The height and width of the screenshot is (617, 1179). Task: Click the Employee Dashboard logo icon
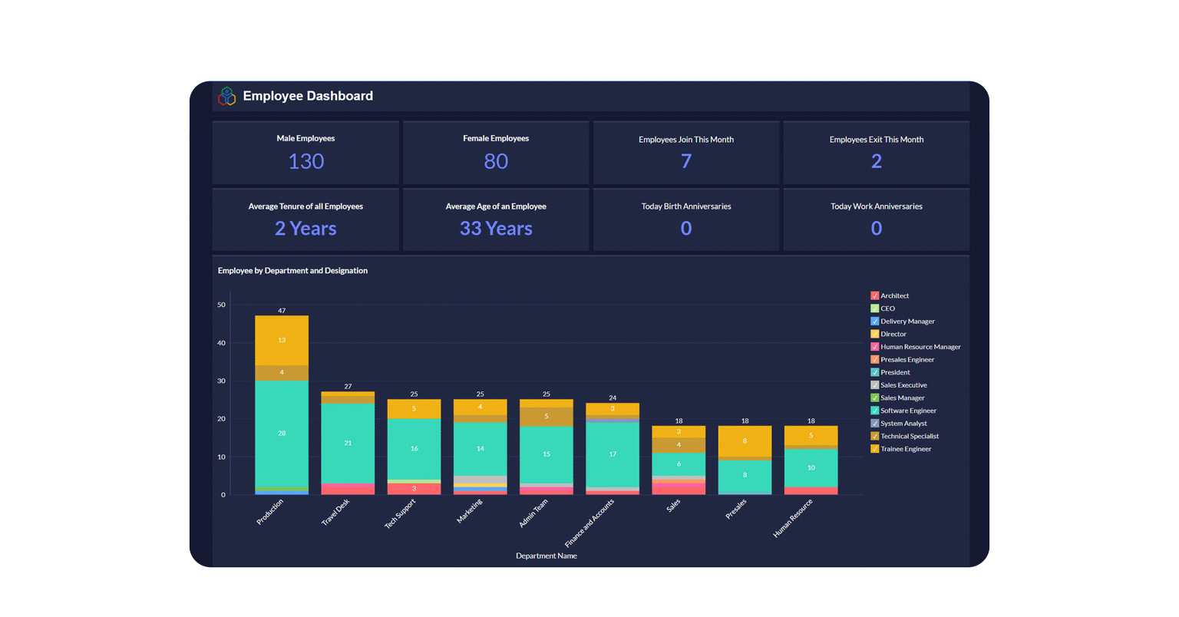pos(226,96)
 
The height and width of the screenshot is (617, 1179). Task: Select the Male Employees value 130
pos(305,161)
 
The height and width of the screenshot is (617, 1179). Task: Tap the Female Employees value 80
pos(496,161)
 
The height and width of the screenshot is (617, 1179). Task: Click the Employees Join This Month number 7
pos(686,161)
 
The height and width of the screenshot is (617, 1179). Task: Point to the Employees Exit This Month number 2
pos(877,161)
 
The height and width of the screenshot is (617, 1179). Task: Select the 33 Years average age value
pos(496,229)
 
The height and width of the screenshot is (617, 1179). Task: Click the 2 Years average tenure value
pos(305,229)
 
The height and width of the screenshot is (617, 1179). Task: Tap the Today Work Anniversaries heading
pos(877,206)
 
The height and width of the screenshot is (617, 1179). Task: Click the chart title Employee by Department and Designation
pos(292,271)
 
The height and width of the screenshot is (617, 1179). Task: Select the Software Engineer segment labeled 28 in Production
pos(282,434)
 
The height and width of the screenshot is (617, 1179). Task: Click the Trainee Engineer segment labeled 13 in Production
pos(282,340)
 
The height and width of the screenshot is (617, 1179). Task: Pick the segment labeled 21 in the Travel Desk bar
pos(348,443)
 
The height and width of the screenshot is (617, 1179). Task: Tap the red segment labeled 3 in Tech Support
pos(414,489)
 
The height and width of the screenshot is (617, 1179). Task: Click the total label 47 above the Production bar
pos(282,311)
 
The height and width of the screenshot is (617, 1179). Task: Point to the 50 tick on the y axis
pos(221,305)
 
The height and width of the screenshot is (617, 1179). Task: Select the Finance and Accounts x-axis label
pos(589,523)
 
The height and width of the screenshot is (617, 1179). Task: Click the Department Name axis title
pos(546,556)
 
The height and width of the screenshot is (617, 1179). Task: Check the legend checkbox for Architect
pos(874,295)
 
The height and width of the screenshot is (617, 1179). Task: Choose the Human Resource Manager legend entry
pos(920,347)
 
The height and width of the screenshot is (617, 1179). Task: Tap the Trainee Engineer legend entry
pos(906,449)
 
